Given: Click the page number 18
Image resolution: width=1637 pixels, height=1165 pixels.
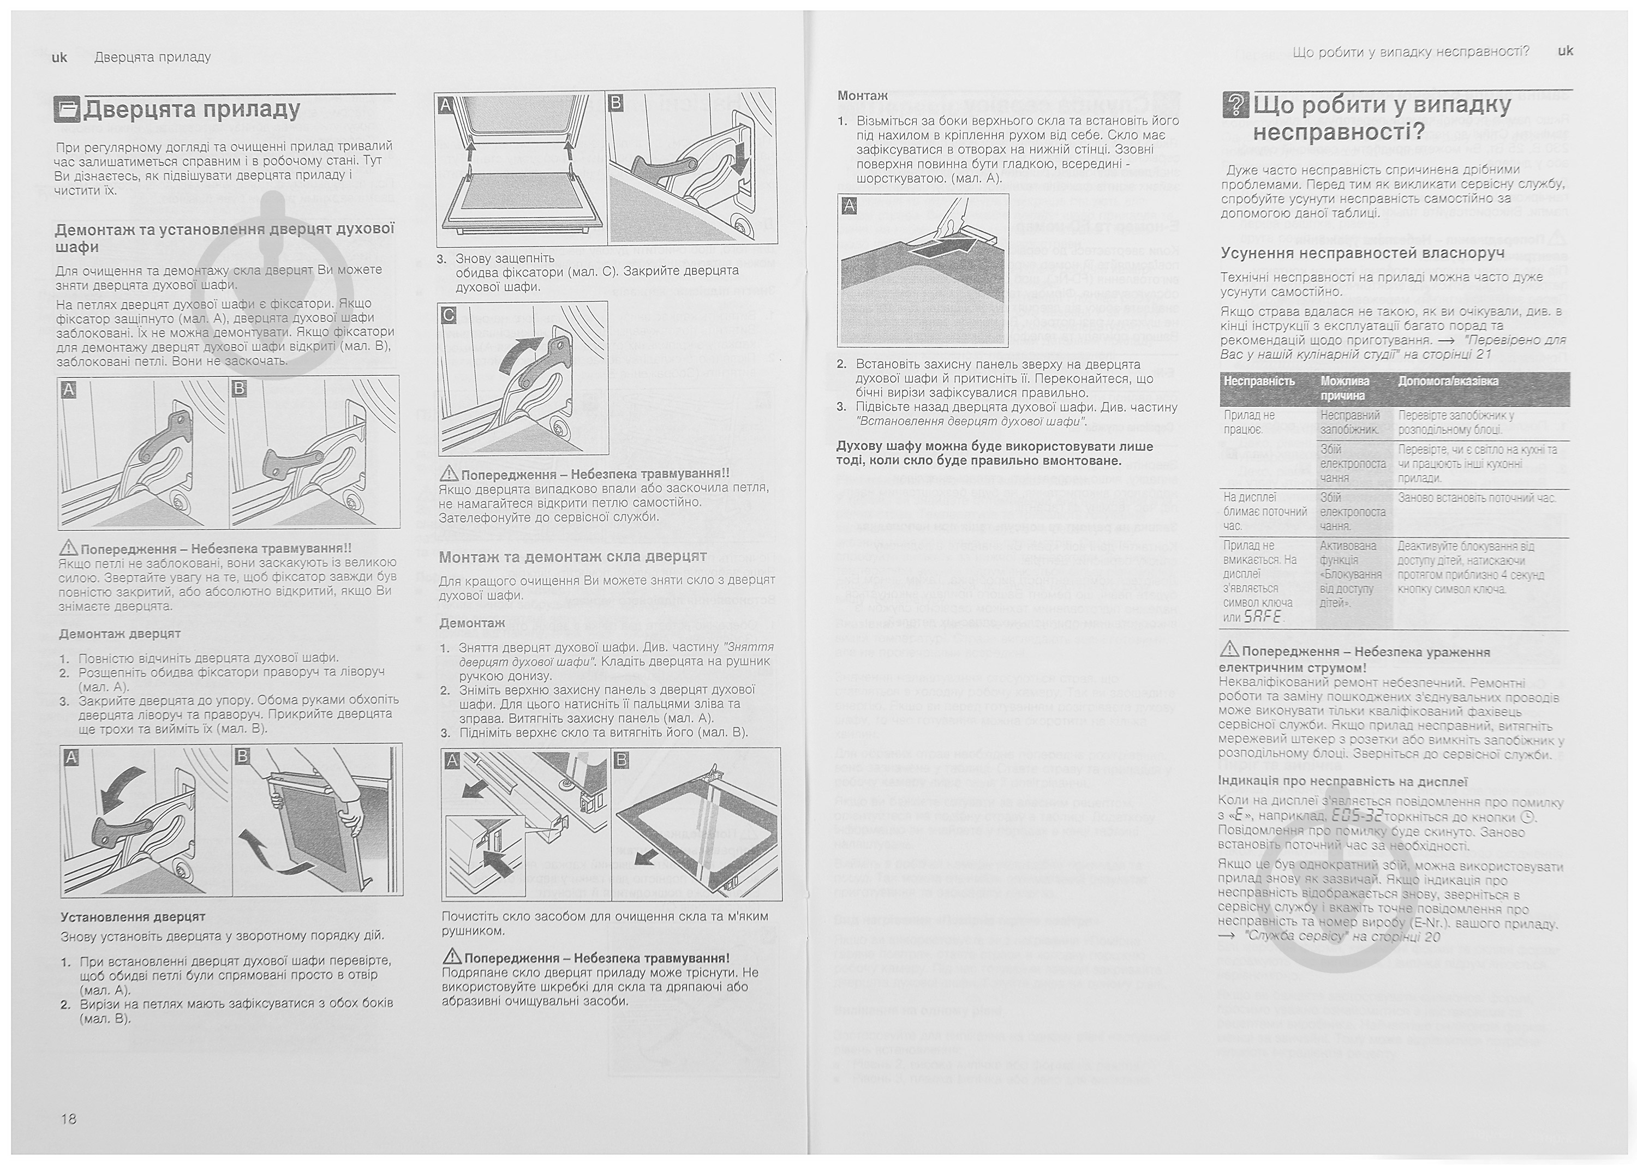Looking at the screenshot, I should pyautogui.click(x=68, y=1119).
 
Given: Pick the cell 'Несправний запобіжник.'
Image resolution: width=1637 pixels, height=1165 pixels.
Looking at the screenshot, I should pyautogui.click(x=1350, y=422).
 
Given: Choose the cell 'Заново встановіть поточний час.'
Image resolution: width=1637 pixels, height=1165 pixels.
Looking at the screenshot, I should pyautogui.click(x=1477, y=498).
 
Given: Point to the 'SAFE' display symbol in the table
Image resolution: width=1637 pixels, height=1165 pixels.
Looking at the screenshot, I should pyautogui.click(x=1262, y=617).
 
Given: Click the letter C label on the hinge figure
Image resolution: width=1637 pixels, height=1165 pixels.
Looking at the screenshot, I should pyautogui.click(x=449, y=314).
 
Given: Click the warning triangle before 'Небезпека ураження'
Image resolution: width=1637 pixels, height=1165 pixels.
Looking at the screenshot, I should pyautogui.click(x=1229, y=651).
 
